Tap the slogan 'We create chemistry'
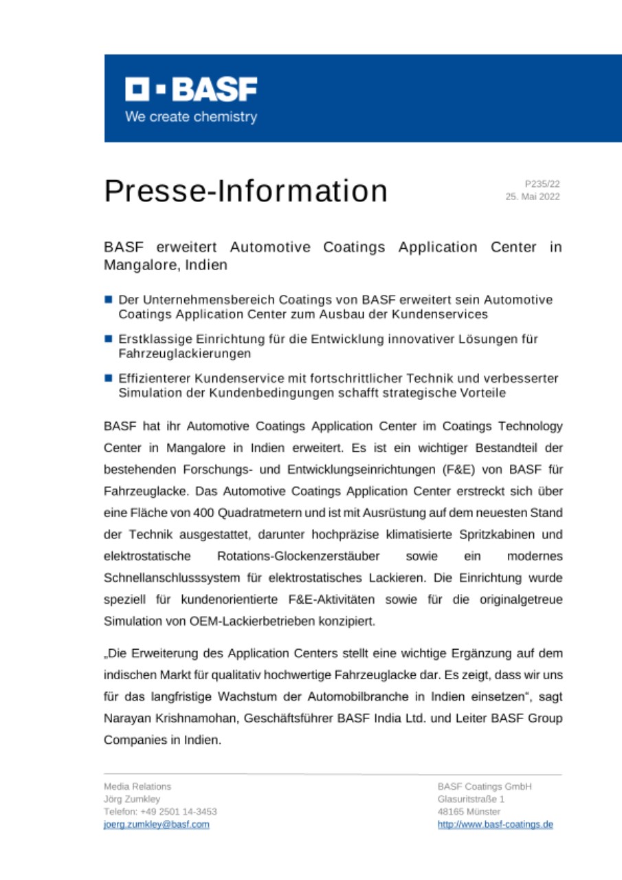click(x=191, y=117)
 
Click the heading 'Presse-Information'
click(x=245, y=191)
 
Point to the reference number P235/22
click(x=542, y=184)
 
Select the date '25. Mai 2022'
click(x=533, y=197)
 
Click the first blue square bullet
click(x=109, y=300)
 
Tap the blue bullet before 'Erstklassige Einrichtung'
click(x=109, y=339)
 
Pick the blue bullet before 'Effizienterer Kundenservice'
click(x=109, y=378)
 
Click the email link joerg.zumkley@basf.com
click(x=156, y=824)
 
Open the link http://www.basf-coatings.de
click(x=495, y=824)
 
